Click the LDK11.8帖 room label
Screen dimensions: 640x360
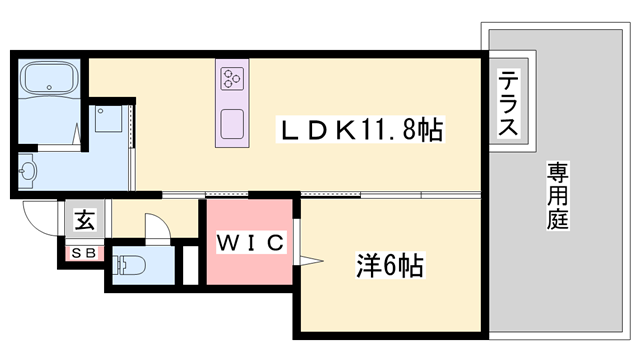point(361,129)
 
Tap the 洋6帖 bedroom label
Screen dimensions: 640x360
point(390,266)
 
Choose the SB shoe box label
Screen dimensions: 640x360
point(82,253)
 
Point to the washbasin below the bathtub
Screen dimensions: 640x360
point(28,172)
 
